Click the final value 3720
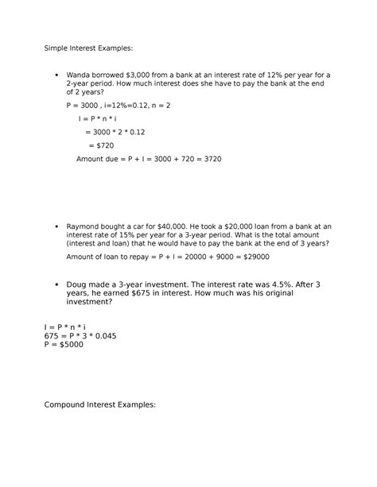pyautogui.click(x=212, y=159)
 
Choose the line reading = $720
pyautogui.click(x=100, y=145)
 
